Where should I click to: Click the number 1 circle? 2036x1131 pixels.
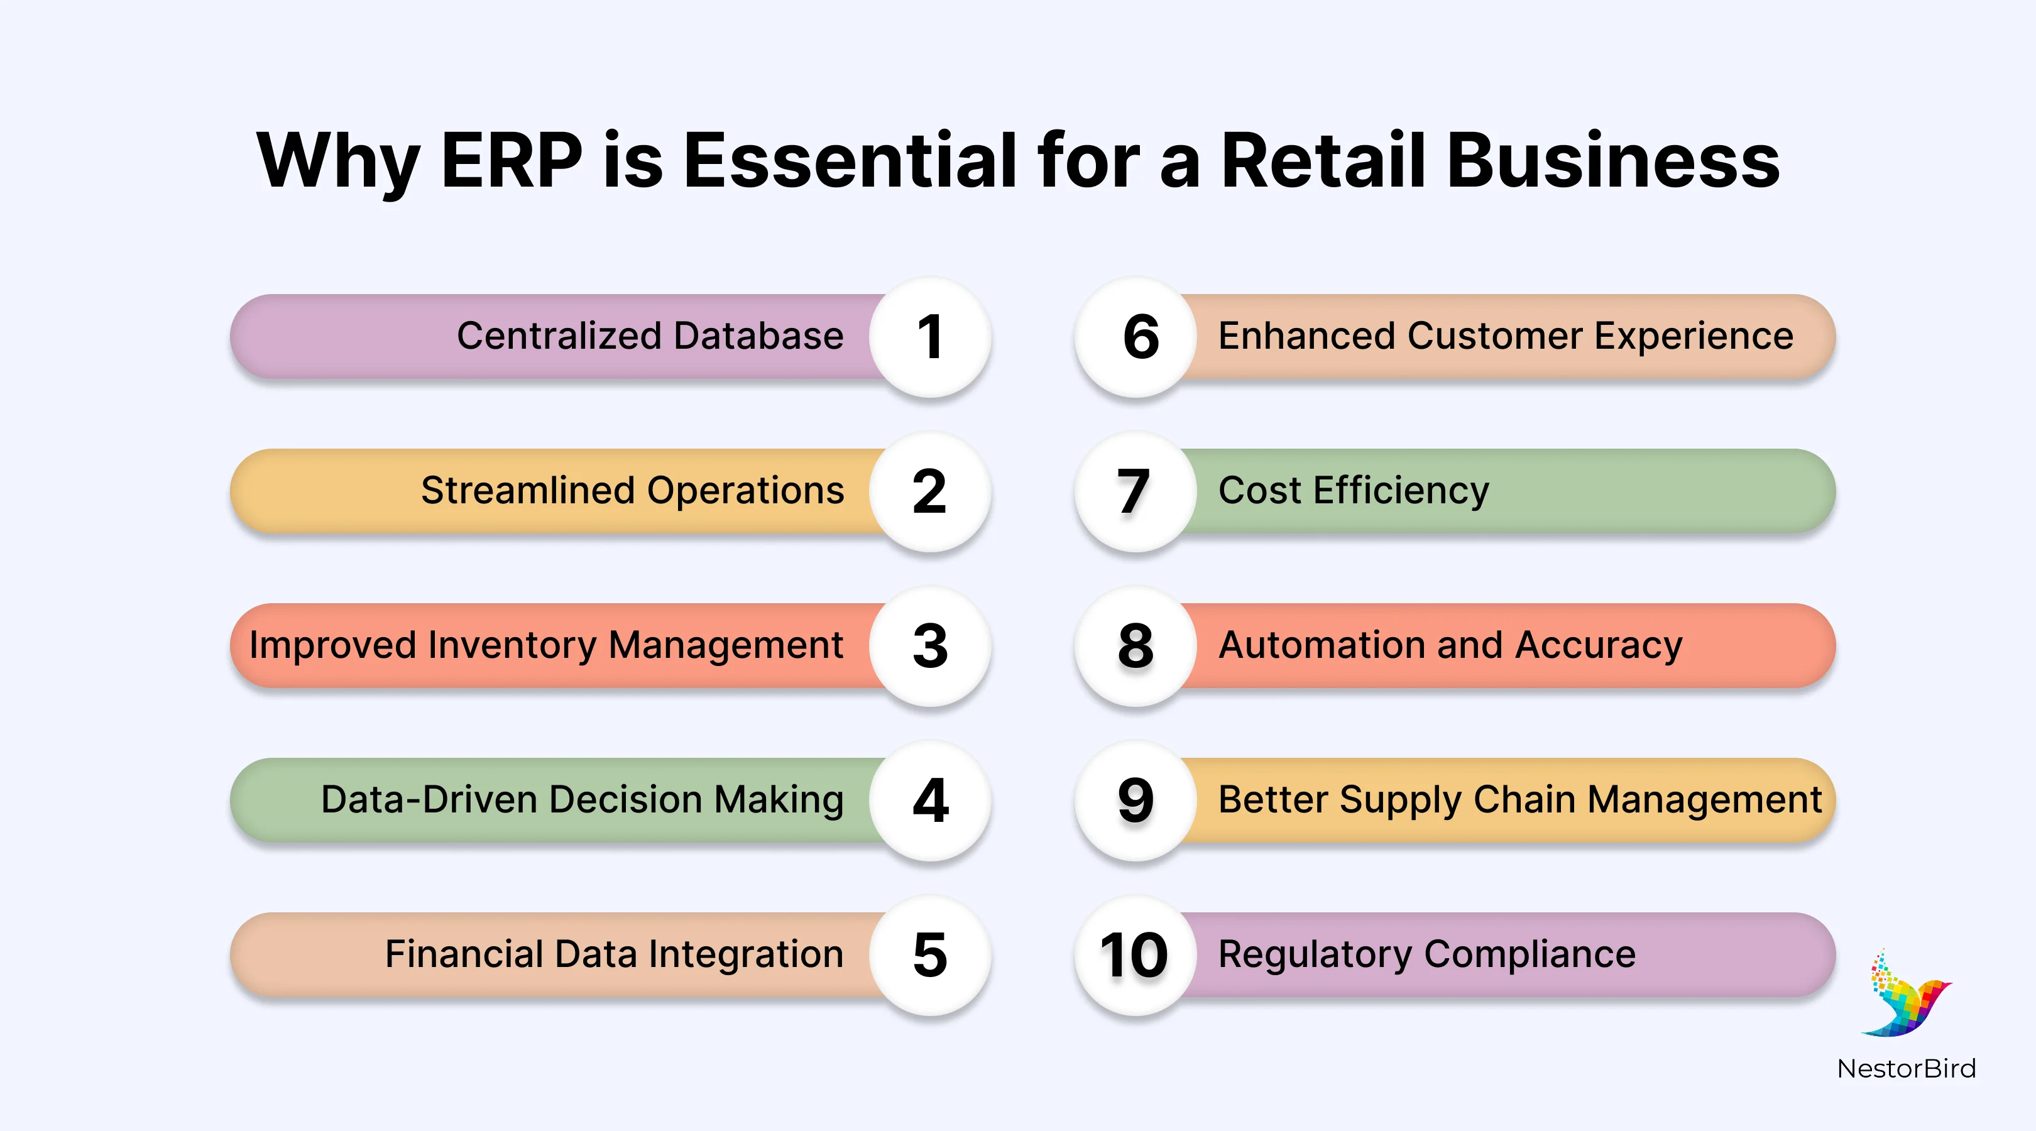(929, 337)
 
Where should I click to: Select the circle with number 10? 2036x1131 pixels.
(1136, 954)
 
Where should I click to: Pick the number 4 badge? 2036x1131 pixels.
(929, 800)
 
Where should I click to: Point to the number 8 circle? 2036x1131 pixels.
(1136, 646)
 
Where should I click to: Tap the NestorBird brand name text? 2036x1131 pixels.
(1905, 1069)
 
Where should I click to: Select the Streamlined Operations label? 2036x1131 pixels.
(632, 491)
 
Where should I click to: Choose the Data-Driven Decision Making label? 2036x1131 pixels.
(582, 800)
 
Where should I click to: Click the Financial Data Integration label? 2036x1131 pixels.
(614, 954)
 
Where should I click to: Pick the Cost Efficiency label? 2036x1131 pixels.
(1353, 491)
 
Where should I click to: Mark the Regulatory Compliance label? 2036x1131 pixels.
(1426, 954)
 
